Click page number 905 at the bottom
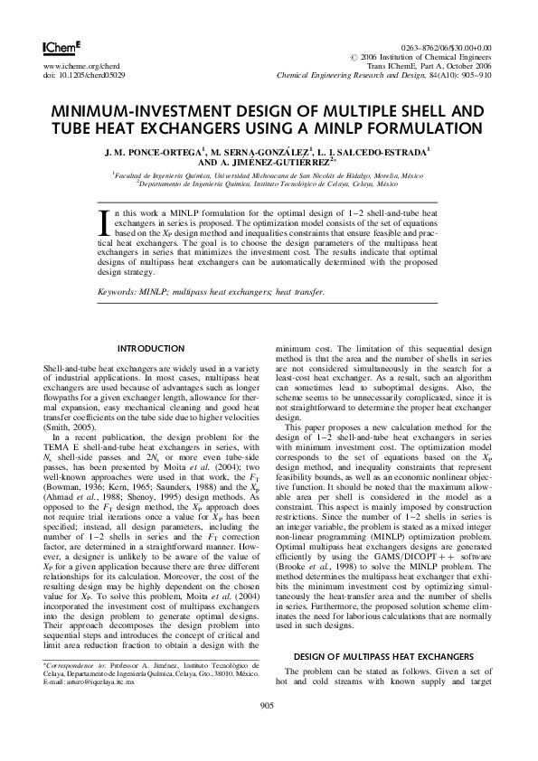[268, 730]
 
